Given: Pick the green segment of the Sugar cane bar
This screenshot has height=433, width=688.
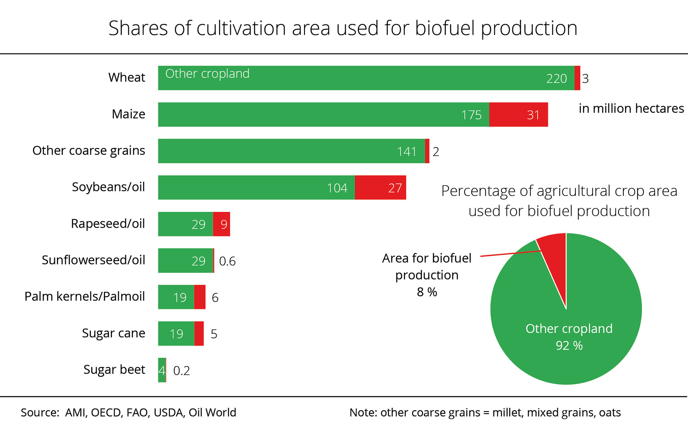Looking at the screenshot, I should coord(176,334).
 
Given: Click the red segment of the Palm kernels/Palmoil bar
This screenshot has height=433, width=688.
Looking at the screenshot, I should coord(200,297).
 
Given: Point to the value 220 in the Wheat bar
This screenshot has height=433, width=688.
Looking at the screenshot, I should coord(556,79).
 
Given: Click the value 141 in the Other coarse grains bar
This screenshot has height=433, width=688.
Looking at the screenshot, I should coord(406,151).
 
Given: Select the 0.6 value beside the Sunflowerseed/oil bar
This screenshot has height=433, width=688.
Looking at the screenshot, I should coord(227,261).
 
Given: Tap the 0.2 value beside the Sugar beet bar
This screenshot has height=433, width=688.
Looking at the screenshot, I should coord(181,371).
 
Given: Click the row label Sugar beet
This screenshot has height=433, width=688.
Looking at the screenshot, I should coord(114,370).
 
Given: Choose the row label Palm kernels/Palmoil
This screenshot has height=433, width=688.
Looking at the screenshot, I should coord(85,297).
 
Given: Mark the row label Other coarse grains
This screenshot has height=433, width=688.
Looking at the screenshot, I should coord(89,150).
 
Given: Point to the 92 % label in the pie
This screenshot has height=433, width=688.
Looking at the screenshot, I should coord(569,345).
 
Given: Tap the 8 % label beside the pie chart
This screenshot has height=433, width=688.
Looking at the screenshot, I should coord(427,292).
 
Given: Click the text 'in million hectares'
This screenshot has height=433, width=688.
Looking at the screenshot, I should coord(631,109).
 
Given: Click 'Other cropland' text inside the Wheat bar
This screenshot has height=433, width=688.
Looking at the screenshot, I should coord(207,74).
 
